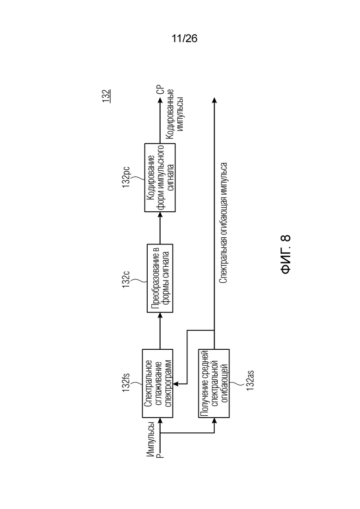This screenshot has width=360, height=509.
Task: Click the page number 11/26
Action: tap(184, 39)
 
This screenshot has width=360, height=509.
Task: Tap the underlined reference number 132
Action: tap(107, 96)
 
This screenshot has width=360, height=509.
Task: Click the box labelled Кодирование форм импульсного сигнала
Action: tap(160, 178)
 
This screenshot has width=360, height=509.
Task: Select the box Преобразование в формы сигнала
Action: tap(160, 278)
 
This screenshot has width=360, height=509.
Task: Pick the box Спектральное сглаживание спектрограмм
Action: tap(157, 383)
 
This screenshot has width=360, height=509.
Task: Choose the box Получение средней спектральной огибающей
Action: tap(214, 383)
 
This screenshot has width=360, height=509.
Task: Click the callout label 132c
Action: tap(126, 279)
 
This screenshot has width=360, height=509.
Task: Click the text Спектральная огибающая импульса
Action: tap(223, 223)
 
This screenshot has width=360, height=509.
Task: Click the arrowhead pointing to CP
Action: tap(160, 100)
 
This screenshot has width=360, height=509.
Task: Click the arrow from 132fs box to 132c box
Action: tap(160, 331)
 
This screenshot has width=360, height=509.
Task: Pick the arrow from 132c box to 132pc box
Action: tap(160, 228)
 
